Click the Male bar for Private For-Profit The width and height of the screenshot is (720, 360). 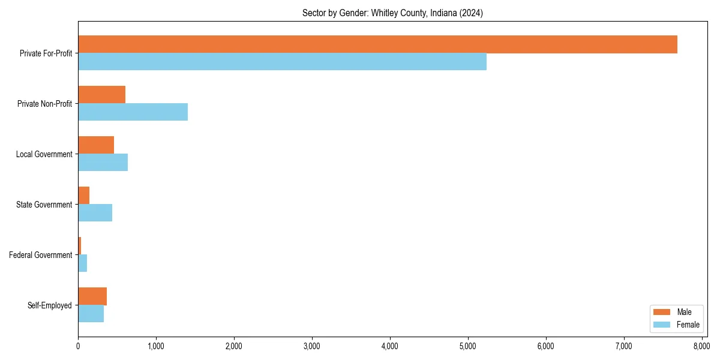tap(377, 44)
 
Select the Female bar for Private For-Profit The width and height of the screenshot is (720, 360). tap(282, 62)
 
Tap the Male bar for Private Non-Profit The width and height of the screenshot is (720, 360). tap(101, 95)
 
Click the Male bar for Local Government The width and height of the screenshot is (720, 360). tap(96, 145)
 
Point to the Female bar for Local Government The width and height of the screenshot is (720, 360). tap(103, 163)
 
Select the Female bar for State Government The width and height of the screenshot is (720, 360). tap(95, 213)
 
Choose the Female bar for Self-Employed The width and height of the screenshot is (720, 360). tap(91, 314)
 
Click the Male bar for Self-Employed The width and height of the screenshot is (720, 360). tap(92, 296)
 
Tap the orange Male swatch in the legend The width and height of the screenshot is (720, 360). tap(662, 312)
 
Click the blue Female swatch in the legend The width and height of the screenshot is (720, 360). tap(662, 325)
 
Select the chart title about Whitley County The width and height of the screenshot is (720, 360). tap(393, 13)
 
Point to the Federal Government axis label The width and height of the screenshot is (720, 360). tap(41, 255)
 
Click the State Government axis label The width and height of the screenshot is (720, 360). tap(44, 205)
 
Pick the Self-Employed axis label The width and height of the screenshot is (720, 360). tap(50, 305)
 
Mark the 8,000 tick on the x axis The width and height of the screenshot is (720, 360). tap(701, 346)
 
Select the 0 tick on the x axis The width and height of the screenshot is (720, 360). tap(78, 346)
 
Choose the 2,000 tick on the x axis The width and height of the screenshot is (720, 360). tap(234, 346)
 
